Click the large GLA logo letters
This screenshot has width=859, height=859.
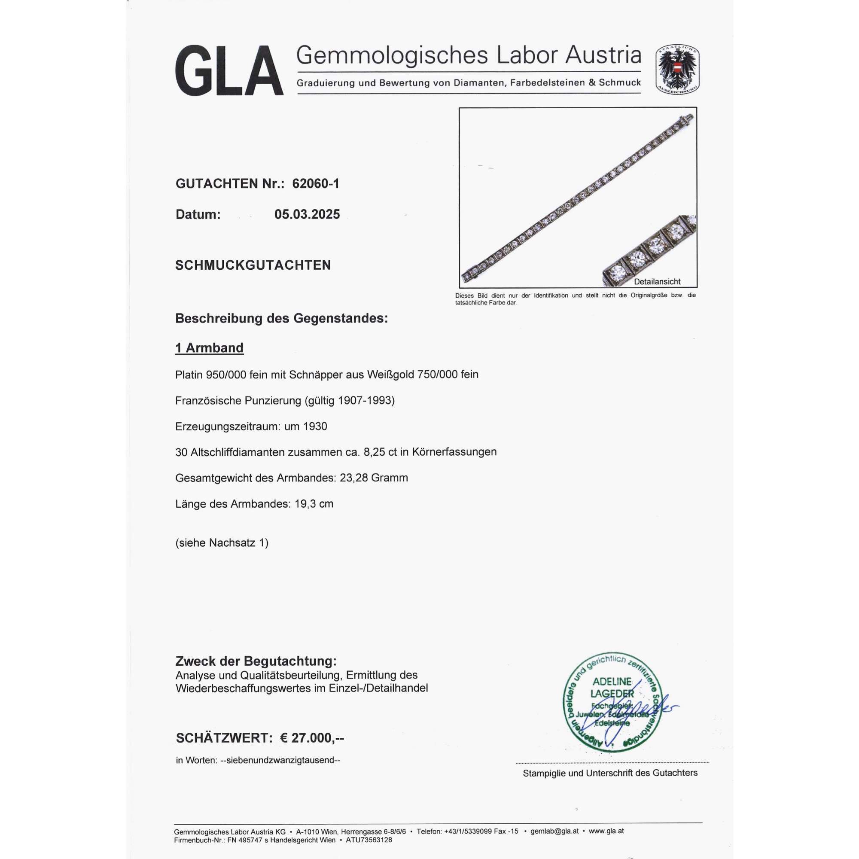pyautogui.click(x=229, y=71)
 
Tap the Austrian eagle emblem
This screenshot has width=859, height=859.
pyautogui.click(x=677, y=70)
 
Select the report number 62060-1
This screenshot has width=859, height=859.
pyautogui.click(x=316, y=184)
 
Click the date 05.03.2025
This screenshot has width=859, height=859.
pyautogui.click(x=307, y=214)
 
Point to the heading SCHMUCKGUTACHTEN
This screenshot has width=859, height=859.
pyautogui.click(x=253, y=265)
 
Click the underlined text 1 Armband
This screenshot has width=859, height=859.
pyautogui.click(x=210, y=348)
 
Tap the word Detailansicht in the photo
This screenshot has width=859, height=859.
pyautogui.click(x=657, y=281)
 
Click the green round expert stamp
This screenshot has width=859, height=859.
pyautogui.click(x=614, y=703)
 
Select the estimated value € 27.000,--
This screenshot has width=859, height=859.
pyautogui.click(x=312, y=738)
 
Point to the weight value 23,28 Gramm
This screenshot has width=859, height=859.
pyautogui.click(x=374, y=478)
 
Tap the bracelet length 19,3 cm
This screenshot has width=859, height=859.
pyautogui.click(x=314, y=504)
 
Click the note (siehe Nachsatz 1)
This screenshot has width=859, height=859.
pyautogui.click(x=222, y=543)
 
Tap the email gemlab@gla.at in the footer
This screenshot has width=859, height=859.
pyautogui.click(x=554, y=831)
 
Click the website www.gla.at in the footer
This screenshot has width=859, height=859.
pyautogui.click(x=606, y=831)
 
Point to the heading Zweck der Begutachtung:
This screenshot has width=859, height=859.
pyautogui.click(x=256, y=661)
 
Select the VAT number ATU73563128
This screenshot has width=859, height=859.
pyautogui.click(x=369, y=841)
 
